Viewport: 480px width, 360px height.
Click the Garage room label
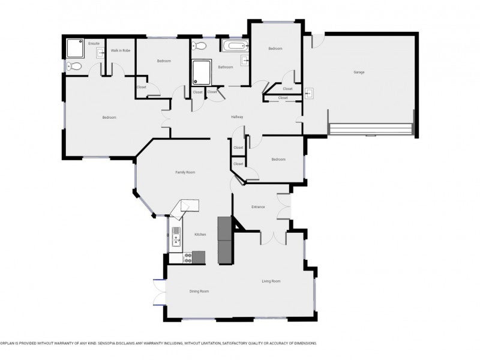(x=359, y=72)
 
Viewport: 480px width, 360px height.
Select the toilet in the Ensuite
(x=73, y=67)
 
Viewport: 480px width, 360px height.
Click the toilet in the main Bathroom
(x=200, y=46)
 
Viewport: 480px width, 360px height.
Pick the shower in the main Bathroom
(x=201, y=73)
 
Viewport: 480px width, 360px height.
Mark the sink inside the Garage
(x=309, y=93)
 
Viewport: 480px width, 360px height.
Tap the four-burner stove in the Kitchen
(x=187, y=257)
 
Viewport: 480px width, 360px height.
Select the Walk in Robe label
(x=121, y=50)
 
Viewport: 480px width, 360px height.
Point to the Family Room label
(x=185, y=172)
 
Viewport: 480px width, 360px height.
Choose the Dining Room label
(x=199, y=291)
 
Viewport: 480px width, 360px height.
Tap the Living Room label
(x=271, y=281)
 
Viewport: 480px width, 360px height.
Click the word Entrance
(x=258, y=207)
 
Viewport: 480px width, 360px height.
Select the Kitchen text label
(x=200, y=235)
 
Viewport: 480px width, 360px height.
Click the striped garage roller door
(x=370, y=130)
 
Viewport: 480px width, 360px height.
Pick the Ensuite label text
(x=94, y=43)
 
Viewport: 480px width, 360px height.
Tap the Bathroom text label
(x=226, y=67)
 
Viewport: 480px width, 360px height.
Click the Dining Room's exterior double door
(x=159, y=292)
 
